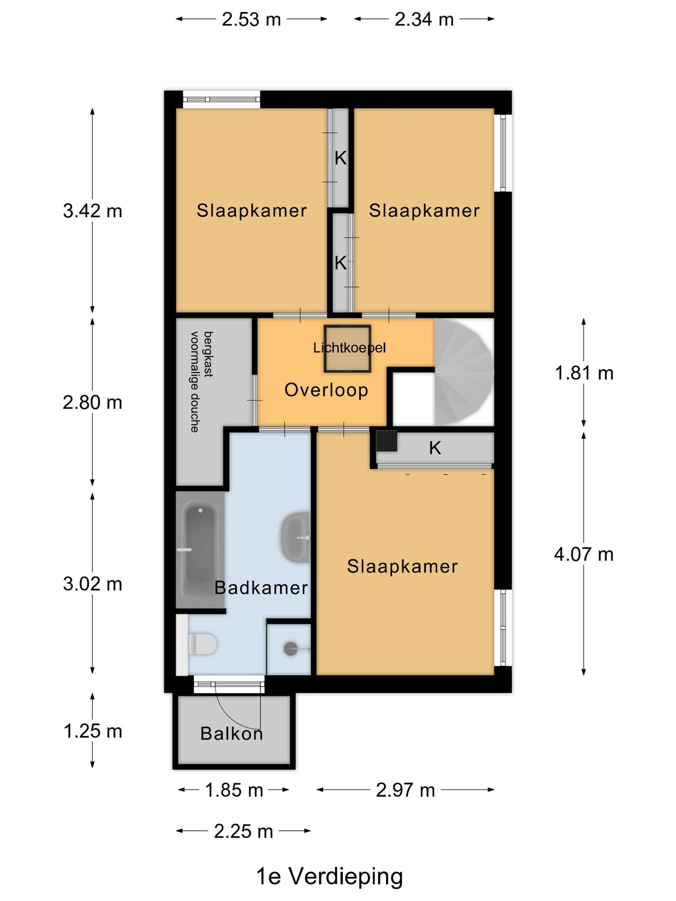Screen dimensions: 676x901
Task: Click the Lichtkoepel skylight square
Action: click(347, 349)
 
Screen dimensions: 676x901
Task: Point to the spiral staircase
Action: click(464, 373)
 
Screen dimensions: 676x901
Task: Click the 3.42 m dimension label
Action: click(92, 211)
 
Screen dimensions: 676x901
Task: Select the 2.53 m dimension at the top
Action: click(251, 19)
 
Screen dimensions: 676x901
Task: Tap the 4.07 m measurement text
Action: click(584, 554)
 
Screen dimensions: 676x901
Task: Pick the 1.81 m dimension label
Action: click(584, 373)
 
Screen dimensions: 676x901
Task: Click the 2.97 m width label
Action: click(406, 790)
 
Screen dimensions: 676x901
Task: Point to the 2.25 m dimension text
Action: click(244, 832)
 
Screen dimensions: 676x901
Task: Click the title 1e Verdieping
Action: click(330, 876)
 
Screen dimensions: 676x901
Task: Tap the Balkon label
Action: click(231, 733)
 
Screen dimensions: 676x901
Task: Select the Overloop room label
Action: click(326, 390)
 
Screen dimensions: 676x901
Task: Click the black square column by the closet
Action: click(387, 441)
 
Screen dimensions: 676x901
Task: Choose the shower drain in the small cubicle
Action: click(291, 649)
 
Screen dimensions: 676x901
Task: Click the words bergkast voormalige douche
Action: click(201, 382)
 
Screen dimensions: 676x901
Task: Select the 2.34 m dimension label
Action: click(424, 19)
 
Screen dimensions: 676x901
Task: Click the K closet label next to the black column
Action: click(435, 448)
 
